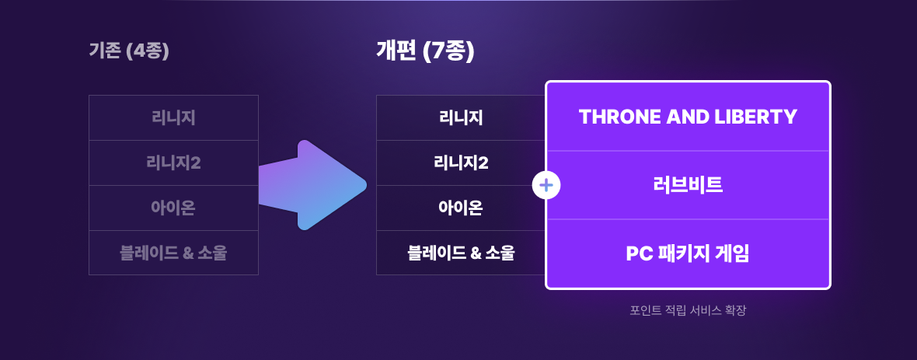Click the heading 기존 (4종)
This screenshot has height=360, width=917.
click(129, 51)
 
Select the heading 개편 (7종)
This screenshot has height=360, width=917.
click(425, 51)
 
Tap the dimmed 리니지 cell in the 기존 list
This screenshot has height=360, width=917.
click(173, 117)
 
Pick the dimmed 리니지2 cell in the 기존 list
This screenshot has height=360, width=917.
click(173, 163)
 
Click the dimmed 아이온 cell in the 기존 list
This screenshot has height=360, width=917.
click(173, 208)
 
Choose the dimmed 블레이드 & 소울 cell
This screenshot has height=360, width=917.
click(173, 253)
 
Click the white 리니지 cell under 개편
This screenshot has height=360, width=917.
click(461, 117)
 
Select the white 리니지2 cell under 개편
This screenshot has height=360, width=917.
click(461, 163)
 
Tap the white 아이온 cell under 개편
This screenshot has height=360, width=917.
click(461, 208)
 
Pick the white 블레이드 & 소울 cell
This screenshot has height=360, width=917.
click(461, 253)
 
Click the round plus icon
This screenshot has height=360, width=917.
click(546, 186)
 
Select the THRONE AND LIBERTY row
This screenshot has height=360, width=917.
click(688, 117)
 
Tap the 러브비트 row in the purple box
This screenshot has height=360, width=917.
click(688, 185)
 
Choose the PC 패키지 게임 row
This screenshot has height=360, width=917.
click(688, 253)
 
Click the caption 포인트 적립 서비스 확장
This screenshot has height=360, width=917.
click(688, 310)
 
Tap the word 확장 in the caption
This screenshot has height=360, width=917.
click(735, 310)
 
